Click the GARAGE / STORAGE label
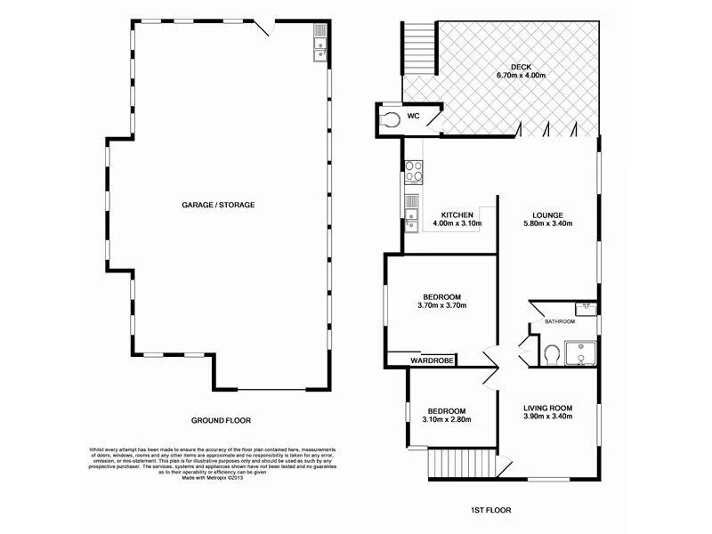tap(218, 205)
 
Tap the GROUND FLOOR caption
tap(221, 419)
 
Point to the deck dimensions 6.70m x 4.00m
tap(521, 77)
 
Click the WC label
tap(413, 117)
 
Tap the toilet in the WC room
tap(390, 118)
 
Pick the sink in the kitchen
tap(411, 213)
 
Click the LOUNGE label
tap(547, 214)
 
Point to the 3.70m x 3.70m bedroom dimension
tap(441, 305)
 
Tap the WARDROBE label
tap(432, 360)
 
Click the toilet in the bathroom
tap(551, 354)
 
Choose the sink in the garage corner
tap(319, 44)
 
